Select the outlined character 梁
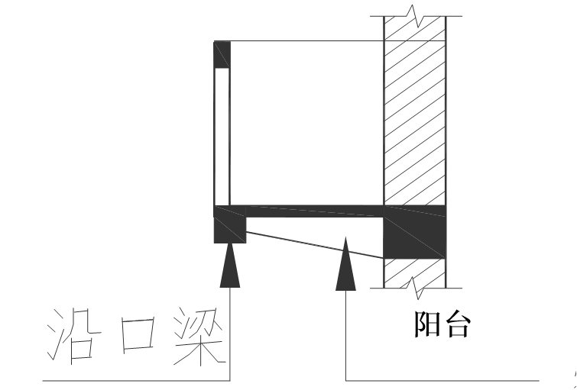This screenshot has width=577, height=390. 199,336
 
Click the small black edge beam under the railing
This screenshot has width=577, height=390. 230,228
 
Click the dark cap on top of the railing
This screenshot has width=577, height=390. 222,54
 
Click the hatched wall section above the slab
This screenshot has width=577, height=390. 415,114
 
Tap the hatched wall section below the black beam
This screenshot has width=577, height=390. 415,273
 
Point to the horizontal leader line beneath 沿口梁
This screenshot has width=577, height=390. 138,379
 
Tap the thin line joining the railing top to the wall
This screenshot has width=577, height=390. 306,40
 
